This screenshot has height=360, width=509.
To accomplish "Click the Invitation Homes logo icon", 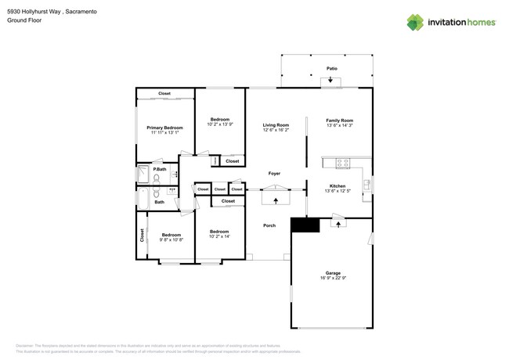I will click(x=415, y=23).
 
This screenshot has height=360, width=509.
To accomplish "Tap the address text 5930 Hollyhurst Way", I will click(x=34, y=12).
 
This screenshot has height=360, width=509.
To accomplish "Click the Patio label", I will click(x=332, y=69).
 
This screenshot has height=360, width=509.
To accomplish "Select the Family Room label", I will click(x=340, y=121).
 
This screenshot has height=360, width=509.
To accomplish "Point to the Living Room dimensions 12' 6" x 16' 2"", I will click(x=276, y=130).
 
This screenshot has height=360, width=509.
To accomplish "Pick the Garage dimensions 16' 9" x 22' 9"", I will click(x=334, y=278).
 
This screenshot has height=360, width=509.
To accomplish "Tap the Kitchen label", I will click(x=338, y=186).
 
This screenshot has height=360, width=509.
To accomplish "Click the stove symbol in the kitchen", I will click(x=342, y=163).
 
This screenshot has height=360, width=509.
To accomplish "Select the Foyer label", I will click(x=274, y=174).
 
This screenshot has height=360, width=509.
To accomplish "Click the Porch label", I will click(x=269, y=225).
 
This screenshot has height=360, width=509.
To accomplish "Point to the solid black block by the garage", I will click(x=305, y=225).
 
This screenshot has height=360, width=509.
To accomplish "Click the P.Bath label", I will click(x=160, y=169).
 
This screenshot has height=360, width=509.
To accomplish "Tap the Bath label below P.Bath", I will click(x=160, y=202).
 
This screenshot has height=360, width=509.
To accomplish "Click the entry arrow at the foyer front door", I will click(x=276, y=200).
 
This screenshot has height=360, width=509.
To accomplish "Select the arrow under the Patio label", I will click(x=330, y=80).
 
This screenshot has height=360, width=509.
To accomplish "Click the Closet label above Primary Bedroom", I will click(x=164, y=94).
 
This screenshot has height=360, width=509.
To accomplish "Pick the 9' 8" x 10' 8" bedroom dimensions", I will click(x=171, y=239).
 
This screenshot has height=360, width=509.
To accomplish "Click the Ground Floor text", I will click(x=23, y=21).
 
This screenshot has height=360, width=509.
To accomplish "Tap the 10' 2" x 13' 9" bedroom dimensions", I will click(x=220, y=124).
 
